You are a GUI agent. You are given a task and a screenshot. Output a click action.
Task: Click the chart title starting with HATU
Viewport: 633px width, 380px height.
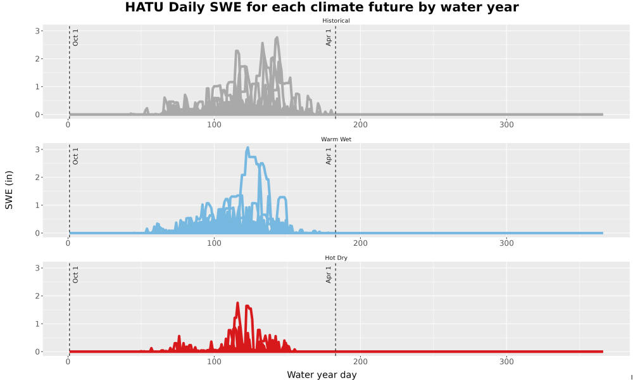(322, 7)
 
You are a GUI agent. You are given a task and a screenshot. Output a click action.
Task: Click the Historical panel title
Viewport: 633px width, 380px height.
(336, 21)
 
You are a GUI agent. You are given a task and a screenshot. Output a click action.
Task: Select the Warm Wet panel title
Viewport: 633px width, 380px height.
(336, 139)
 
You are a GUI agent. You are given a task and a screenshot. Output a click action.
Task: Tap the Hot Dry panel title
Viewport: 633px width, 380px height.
(336, 258)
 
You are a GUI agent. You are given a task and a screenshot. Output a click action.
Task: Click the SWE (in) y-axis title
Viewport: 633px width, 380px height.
(9, 190)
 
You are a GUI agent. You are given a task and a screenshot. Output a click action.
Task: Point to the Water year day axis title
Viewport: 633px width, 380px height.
(322, 375)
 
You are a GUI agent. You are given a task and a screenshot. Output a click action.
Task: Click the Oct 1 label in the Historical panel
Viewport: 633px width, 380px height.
(75, 37)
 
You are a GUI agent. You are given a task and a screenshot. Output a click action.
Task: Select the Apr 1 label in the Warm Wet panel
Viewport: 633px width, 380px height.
(329, 156)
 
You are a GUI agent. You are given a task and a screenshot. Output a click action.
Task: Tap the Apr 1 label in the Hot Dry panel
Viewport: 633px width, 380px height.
(329, 275)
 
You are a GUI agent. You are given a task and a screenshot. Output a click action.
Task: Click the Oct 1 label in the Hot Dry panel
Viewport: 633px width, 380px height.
(75, 275)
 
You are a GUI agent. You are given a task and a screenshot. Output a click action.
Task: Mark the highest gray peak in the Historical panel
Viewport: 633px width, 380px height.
(277, 37)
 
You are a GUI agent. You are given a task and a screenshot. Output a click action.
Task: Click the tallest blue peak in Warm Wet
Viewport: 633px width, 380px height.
(248, 148)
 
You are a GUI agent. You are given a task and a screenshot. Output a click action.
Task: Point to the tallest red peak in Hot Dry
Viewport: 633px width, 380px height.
(237, 303)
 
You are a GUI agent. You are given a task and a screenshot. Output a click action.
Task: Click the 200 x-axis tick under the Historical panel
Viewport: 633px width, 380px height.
(360, 125)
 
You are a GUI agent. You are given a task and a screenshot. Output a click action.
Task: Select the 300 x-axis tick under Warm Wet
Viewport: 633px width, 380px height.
(506, 243)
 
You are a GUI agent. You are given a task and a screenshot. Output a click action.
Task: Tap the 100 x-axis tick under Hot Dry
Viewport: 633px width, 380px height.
(214, 362)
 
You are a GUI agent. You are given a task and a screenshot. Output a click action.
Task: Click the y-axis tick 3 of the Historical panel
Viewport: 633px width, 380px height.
(37, 31)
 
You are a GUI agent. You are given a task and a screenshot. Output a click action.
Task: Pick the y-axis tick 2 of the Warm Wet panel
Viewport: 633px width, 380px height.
(37, 178)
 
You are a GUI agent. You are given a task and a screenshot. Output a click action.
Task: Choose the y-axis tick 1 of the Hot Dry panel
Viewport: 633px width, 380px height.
(37, 324)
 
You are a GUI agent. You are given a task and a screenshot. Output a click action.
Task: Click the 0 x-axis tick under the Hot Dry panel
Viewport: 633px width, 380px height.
(68, 362)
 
